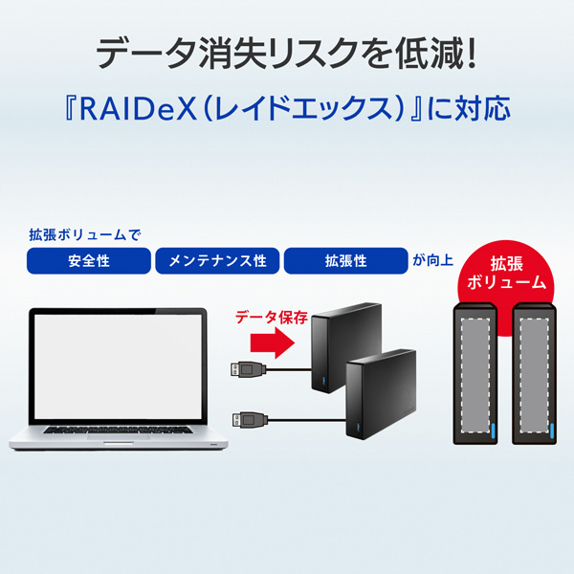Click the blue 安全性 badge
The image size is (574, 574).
(89, 261)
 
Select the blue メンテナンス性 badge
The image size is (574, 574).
(217, 261)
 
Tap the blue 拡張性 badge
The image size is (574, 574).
(344, 261)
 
